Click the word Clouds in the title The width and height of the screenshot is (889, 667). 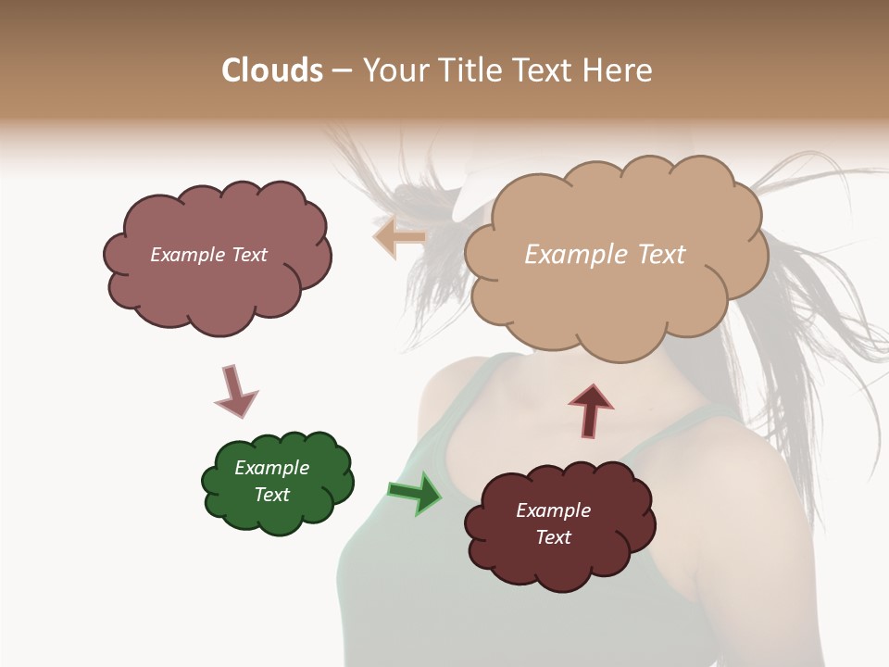271,70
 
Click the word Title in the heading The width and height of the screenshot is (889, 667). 471,70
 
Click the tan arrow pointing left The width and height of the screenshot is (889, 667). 399,237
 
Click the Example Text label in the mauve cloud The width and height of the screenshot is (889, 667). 208,255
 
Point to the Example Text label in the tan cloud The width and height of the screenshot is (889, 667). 605,255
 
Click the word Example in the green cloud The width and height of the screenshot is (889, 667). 271,468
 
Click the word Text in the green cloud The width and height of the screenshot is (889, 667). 271,495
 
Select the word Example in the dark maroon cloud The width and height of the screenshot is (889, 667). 553,510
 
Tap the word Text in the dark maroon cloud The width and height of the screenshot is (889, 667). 553,537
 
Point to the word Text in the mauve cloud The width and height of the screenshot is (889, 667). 248,255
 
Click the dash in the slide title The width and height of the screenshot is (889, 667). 342,70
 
